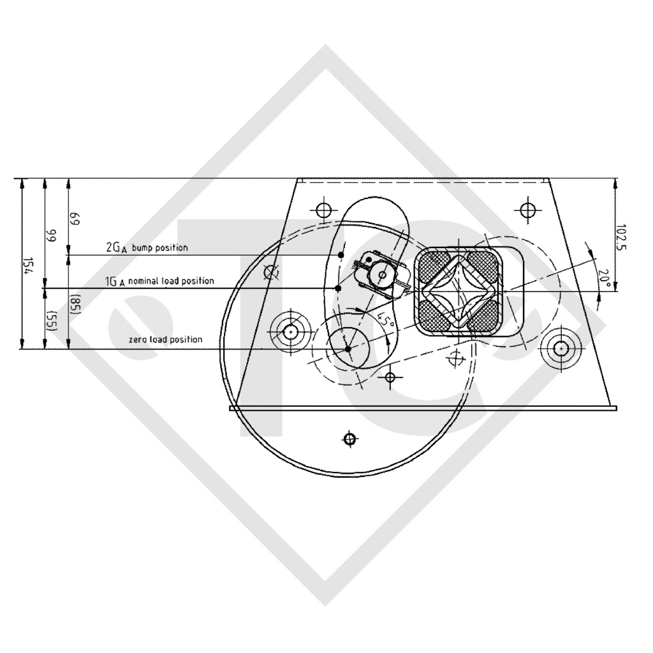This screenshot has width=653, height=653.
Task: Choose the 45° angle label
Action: coord(385,318)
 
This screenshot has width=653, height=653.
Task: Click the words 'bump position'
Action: coord(159,247)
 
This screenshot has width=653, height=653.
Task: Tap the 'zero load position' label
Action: coord(165,340)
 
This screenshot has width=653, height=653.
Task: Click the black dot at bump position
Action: coord(341,255)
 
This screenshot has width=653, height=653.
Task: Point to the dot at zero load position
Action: coord(348,349)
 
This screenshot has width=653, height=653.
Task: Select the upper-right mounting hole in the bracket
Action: coord(527,210)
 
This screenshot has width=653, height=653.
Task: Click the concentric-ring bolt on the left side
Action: coord(290,332)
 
